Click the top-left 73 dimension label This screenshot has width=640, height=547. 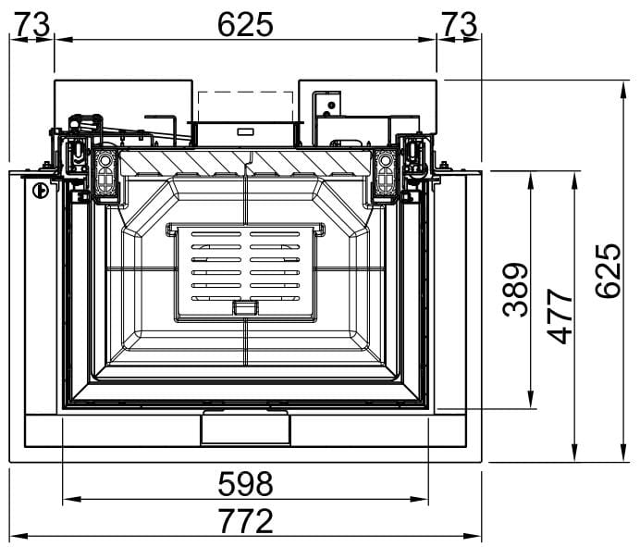pos(32,24)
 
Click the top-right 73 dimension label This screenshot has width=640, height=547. pos(460,24)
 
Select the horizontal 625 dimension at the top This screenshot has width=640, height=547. pos(245,24)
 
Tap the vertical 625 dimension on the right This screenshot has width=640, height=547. pos(608,271)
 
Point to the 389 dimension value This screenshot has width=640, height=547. pos(515,290)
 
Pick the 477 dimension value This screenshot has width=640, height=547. pos(560,317)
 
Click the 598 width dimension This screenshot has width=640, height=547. pos(245,484)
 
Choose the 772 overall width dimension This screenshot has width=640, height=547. pos(245,520)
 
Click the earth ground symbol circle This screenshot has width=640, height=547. pos(41,191)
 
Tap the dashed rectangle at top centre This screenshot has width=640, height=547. pos(245,106)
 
